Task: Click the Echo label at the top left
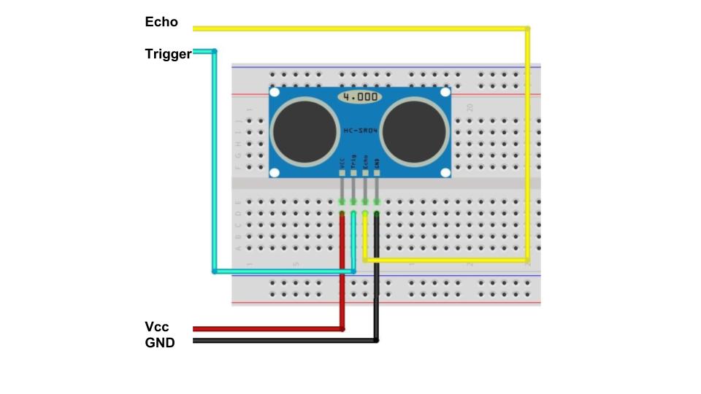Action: click(161, 22)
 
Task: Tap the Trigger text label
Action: click(168, 54)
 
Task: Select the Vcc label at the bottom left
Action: click(157, 326)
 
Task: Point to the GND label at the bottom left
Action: click(160, 341)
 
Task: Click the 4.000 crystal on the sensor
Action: click(359, 96)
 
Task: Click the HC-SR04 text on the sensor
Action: click(359, 131)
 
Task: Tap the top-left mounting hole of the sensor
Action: click(275, 93)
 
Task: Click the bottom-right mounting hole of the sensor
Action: click(443, 172)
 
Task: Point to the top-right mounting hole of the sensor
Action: click(443, 93)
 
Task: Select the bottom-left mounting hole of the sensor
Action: click(275, 172)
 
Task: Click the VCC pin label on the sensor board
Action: click(342, 163)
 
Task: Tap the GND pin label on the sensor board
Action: click(377, 163)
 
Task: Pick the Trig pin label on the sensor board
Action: click(353, 162)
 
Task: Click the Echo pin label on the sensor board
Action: click(365, 162)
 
